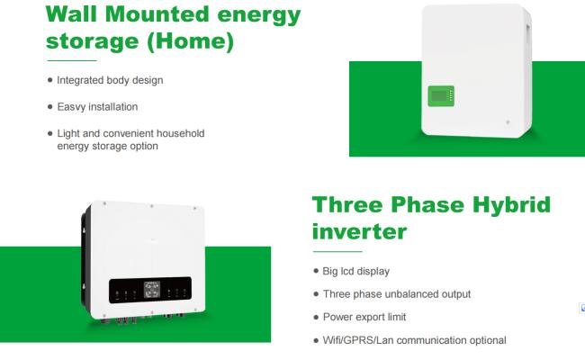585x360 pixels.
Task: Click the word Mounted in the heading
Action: pos(157,14)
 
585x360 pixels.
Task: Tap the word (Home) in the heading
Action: pos(190,41)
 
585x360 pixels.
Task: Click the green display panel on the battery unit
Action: pos(441,96)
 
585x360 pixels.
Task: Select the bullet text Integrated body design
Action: pos(110,80)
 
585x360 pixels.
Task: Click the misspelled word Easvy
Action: pos(70,107)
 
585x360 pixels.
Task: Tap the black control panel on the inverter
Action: pos(150,290)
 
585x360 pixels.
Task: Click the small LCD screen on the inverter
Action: pos(152,290)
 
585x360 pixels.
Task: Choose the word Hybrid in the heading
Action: pos(511,206)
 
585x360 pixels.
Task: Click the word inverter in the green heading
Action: pos(359,231)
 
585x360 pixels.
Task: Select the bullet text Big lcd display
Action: pos(355,271)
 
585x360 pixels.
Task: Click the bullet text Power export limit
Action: pos(364,317)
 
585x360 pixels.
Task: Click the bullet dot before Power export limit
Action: pos(316,317)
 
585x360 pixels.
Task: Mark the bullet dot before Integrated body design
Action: pos(50,80)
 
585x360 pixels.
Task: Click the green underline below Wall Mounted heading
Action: pos(72,60)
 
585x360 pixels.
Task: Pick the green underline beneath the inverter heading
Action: pos(337,251)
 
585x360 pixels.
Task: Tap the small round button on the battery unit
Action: pos(508,122)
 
